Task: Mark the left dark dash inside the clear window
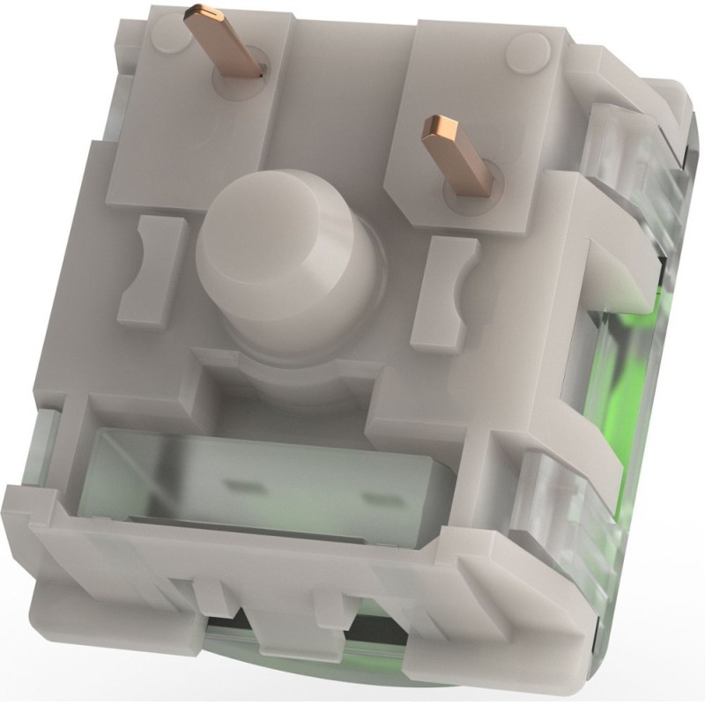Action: [x=239, y=483]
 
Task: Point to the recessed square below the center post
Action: [x=282, y=388]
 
